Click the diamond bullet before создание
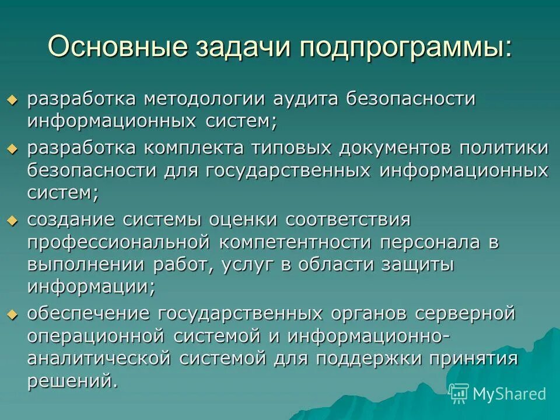pyautogui.click(x=13, y=220)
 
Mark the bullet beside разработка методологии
pyautogui.click(x=13, y=100)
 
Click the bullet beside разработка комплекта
pyautogui.click(x=13, y=149)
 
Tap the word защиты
pyautogui.click(x=416, y=264)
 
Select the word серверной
pyautogui.click(x=465, y=313)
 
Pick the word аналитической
pyautogui.click(x=99, y=358)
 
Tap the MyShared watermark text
pyautogui.click(x=509, y=394)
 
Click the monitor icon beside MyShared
pyautogui.click(x=460, y=394)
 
